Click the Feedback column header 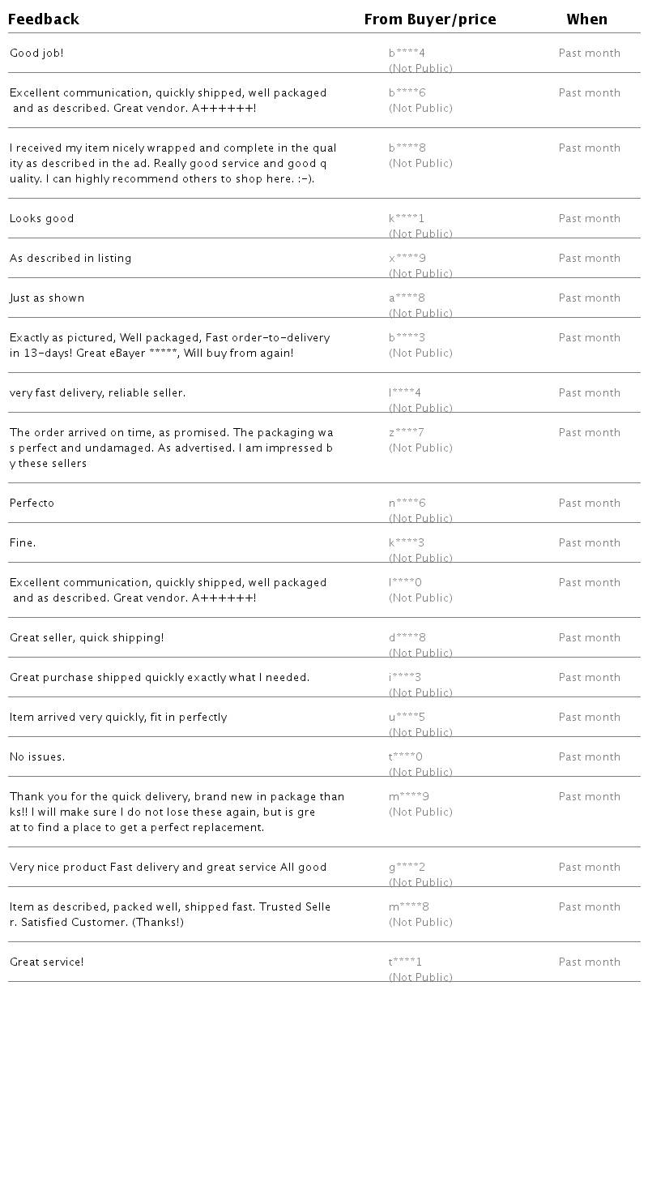point(44,19)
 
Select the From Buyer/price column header point(430,19)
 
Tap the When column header point(587,19)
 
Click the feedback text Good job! point(36,54)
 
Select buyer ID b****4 point(407,54)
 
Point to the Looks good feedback point(42,219)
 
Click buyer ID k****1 point(407,219)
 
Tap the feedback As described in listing point(70,259)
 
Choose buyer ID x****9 point(407,259)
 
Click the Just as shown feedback point(47,298)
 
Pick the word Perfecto point(32,504)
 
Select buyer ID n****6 point(407,504)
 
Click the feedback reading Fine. point(23,543)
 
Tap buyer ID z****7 point(407,433)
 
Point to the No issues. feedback point(37,757)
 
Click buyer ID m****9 point(409,797)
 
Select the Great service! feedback point(47,962)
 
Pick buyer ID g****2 point(407,868)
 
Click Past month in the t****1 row point(590,962)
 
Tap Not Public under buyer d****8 point(420,653)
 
